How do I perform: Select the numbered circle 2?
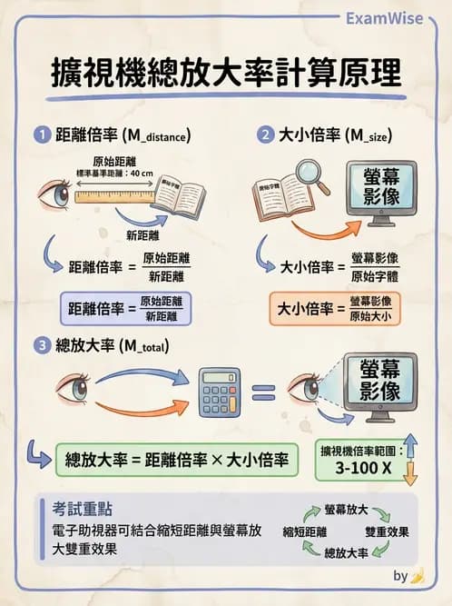pyautogui.click(x=265, y=136)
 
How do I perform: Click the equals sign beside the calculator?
pyautogui.click(x=263, y=392)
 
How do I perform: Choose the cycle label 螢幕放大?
pyautogui.click(x=348, y=511)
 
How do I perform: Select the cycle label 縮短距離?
pyautogui.click(x=305, y=531)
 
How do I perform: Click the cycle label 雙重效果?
pyautogui.click(x=387, y=531)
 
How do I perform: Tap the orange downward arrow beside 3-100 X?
pyautogui.click(x=409, y=472)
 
